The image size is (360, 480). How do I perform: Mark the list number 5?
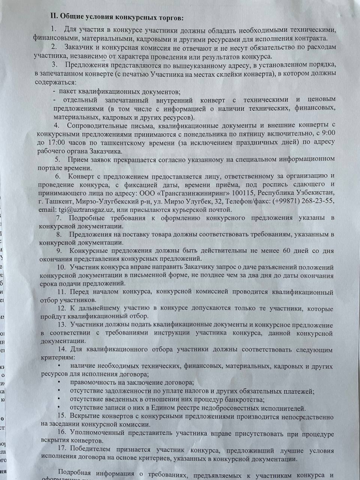pos(57,160)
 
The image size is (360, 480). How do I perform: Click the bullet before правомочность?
pos(59,382)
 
